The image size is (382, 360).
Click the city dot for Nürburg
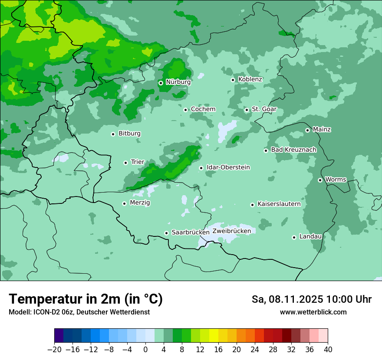click(161, 83)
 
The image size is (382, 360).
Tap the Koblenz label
click(250, 79)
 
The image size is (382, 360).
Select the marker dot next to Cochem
click(185, 110)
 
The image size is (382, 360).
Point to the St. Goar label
click(264, 109)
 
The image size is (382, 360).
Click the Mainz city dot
click(307, 130)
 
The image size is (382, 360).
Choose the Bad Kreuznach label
click(293, 150)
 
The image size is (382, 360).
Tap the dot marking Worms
click(320, 180)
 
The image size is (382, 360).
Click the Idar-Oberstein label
click(228, 167)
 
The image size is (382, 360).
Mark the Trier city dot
click(125, 163)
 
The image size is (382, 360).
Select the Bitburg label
click(129, 134)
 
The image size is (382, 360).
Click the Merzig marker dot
click(124, 203)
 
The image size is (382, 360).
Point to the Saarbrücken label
click(191, 232)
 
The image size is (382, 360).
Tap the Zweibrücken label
click(231, 231)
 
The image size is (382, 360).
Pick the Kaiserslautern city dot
click(252, 205)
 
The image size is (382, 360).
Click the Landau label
click(310, 236)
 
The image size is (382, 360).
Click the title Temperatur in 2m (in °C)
click(86, 299)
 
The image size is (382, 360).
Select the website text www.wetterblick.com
click(313, 312)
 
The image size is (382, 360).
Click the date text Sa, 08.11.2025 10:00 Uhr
click(311, 299)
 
